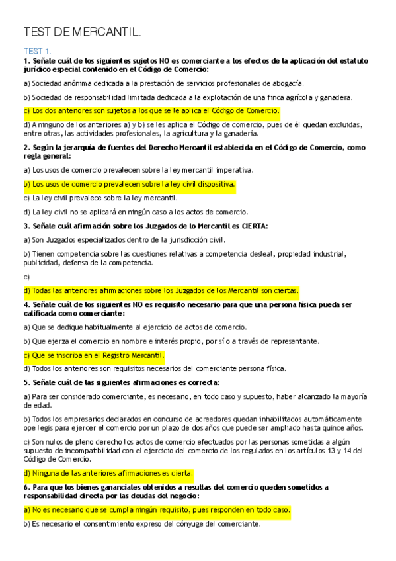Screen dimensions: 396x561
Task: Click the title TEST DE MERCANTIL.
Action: coord(82,32)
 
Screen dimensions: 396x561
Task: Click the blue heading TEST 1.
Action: coord(37,51)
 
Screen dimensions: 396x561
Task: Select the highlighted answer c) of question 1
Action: coord(151,110)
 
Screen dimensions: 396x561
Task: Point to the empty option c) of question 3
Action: coord(26,277)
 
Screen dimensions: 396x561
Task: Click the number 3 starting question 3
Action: coord(25,226)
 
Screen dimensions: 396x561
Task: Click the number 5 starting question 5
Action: coord(25,382)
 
